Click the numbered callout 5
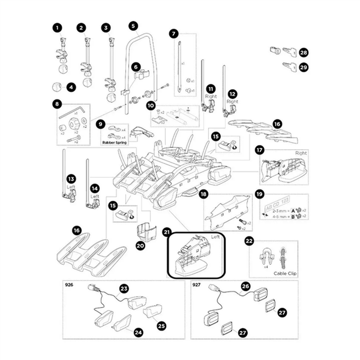pyautogui.click(x=133, y=26)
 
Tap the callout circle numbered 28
pyautogui.click(x=304, y=53)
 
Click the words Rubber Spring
pyautogui.click(x=115, y=142)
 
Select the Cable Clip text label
pyautogui.click(x=285, y=273)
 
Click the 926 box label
pyautogui.click(x=69, y=285)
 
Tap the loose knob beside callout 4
pyautogui.click(x=56, y=87)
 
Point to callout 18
pyautogui.click(x=204, y=194)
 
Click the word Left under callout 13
pyautogui.click(x=71, y=187)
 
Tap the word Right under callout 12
pyautogui.click(x=232, y=101)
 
